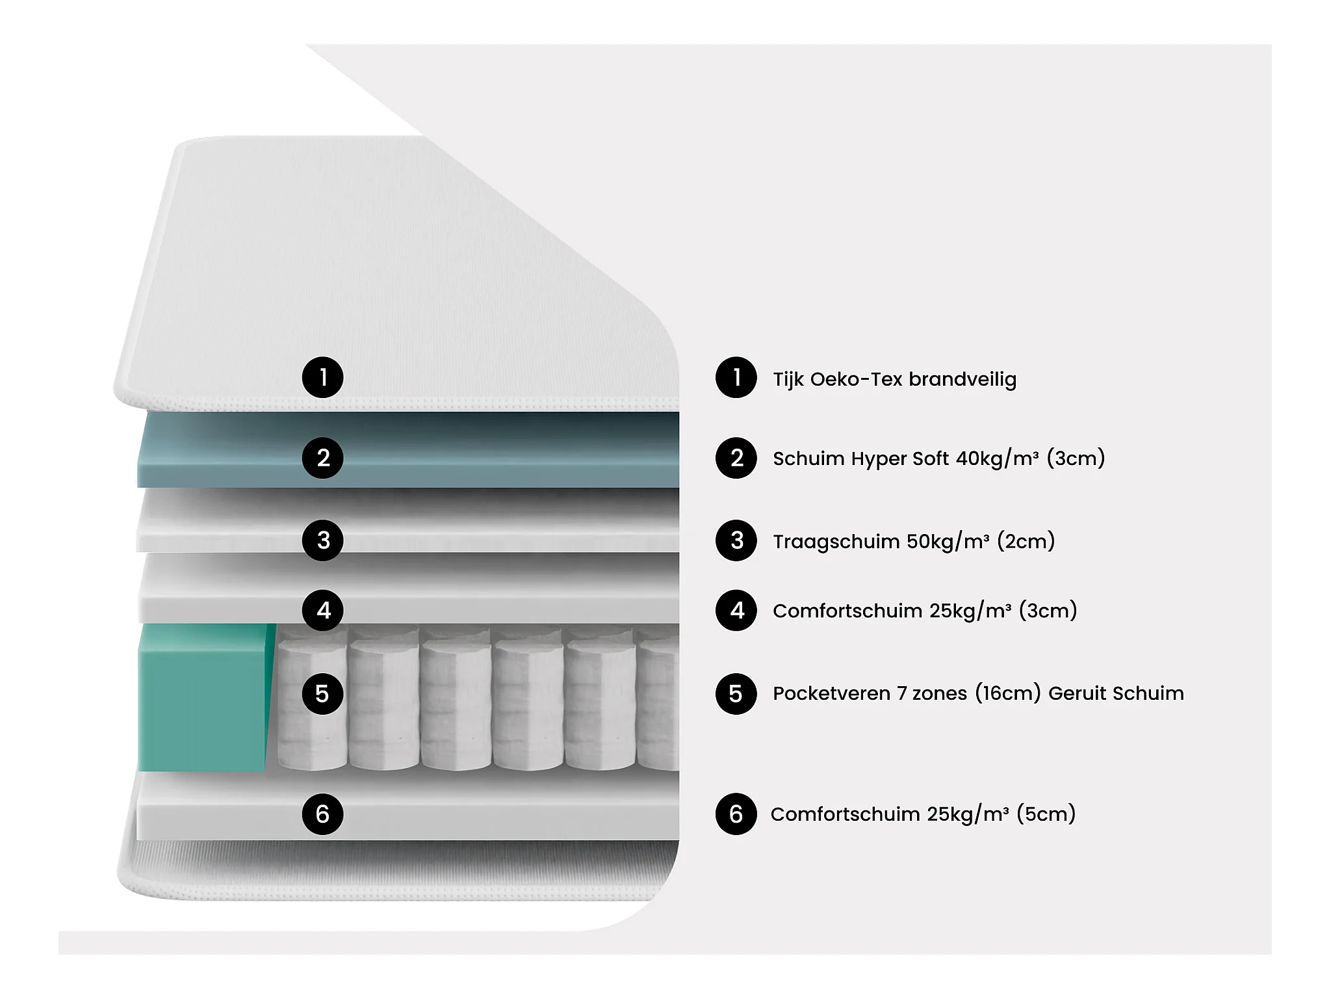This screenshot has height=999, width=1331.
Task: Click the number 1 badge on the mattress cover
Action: pos(322,377)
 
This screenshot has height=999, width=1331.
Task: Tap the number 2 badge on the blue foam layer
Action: pos(322,458)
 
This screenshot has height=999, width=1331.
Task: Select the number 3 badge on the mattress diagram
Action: pos(322,540)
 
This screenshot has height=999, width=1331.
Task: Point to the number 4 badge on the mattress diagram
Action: pos(322,610)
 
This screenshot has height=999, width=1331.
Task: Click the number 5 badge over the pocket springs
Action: pos(322,693)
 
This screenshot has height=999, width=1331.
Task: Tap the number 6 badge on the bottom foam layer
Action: pos(322,814)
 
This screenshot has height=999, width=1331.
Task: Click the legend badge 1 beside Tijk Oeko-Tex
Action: pos(736,377)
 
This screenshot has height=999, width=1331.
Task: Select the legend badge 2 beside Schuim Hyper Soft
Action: pos(736,458)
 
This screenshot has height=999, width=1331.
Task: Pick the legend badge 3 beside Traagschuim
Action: pos(736,540)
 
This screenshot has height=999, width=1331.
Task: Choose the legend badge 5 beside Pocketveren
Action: pos(736,693)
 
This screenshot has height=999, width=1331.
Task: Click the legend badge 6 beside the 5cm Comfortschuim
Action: pos(736,814)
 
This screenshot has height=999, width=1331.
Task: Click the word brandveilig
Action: pos(963,379)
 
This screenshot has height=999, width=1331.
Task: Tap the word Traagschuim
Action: pos(836,541)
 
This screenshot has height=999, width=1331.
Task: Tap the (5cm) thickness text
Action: pos(1046,814)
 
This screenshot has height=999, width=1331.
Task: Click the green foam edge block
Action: pos(203,697)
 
